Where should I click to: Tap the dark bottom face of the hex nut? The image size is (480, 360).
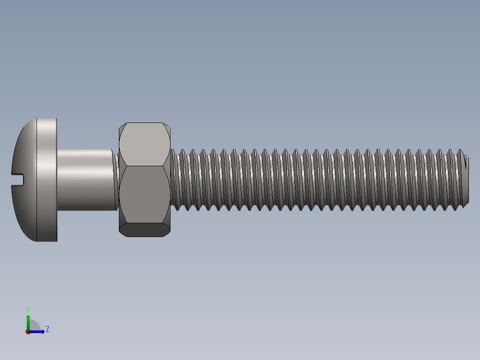click(x=145, y=229)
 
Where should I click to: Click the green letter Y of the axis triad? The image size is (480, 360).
click(x=28, y=309)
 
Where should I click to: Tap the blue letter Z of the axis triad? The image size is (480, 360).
click(x=47, y=329)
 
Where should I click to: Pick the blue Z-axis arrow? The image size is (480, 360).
click(x=38, y=331)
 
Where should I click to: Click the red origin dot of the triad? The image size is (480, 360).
click(x=28, y=332)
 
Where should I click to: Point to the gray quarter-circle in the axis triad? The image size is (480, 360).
click(x=34, y=326)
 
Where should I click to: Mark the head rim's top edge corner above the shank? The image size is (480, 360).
click(x=56, y=119)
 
